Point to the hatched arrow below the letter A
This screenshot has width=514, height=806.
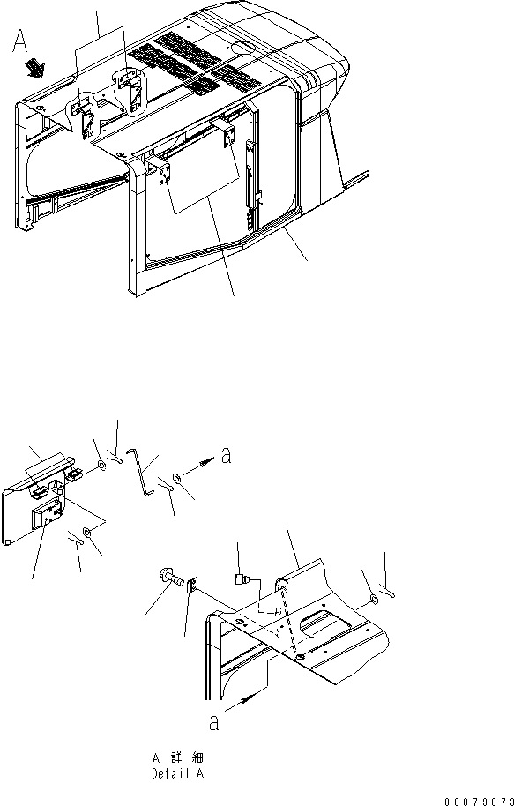coord(36,66)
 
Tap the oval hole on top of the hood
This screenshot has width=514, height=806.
coord(242,48)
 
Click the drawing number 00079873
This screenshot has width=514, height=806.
coord(479,801)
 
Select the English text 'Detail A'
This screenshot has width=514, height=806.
coord(177,773)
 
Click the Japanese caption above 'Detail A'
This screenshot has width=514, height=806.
coord(177,758)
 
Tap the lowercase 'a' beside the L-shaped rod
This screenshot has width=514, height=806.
coord(226,455)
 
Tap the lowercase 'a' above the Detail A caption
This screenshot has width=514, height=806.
coord(214,723)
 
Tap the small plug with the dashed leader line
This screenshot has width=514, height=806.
coord(242,579)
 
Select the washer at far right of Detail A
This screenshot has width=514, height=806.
coord(374,600)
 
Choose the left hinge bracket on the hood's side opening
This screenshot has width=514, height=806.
coord(163,173)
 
